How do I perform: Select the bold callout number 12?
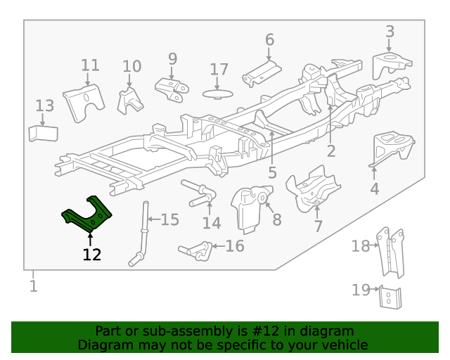(x=91, y=255)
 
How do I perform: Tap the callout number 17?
(x=219, y=70)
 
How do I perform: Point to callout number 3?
(x=390, y=31)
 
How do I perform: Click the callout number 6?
(x=269, y=39)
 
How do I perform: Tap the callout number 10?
(x=131, y=67)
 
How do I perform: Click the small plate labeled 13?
(x=43, y=133)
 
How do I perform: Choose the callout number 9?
(x=172, y=59)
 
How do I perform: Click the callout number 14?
(x=212, y=224)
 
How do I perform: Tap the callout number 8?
(x=277, y=220)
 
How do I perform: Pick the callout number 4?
(x=375, y=188)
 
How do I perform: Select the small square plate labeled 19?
(x=388, y=297)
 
